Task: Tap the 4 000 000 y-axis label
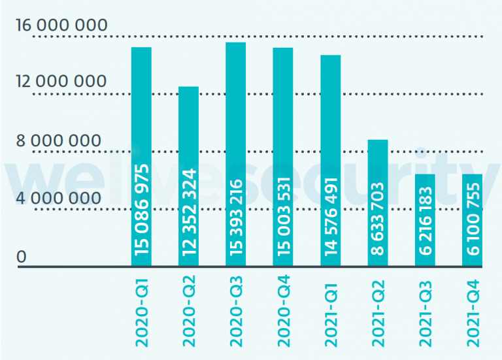(58, 198)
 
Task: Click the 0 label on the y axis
(22, 257)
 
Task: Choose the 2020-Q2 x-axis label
(189, 310)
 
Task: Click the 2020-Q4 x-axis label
(283, 310)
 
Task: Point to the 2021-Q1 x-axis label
(331, 310)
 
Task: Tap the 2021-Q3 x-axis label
(425, 310)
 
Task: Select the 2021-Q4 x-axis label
(472, 310)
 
